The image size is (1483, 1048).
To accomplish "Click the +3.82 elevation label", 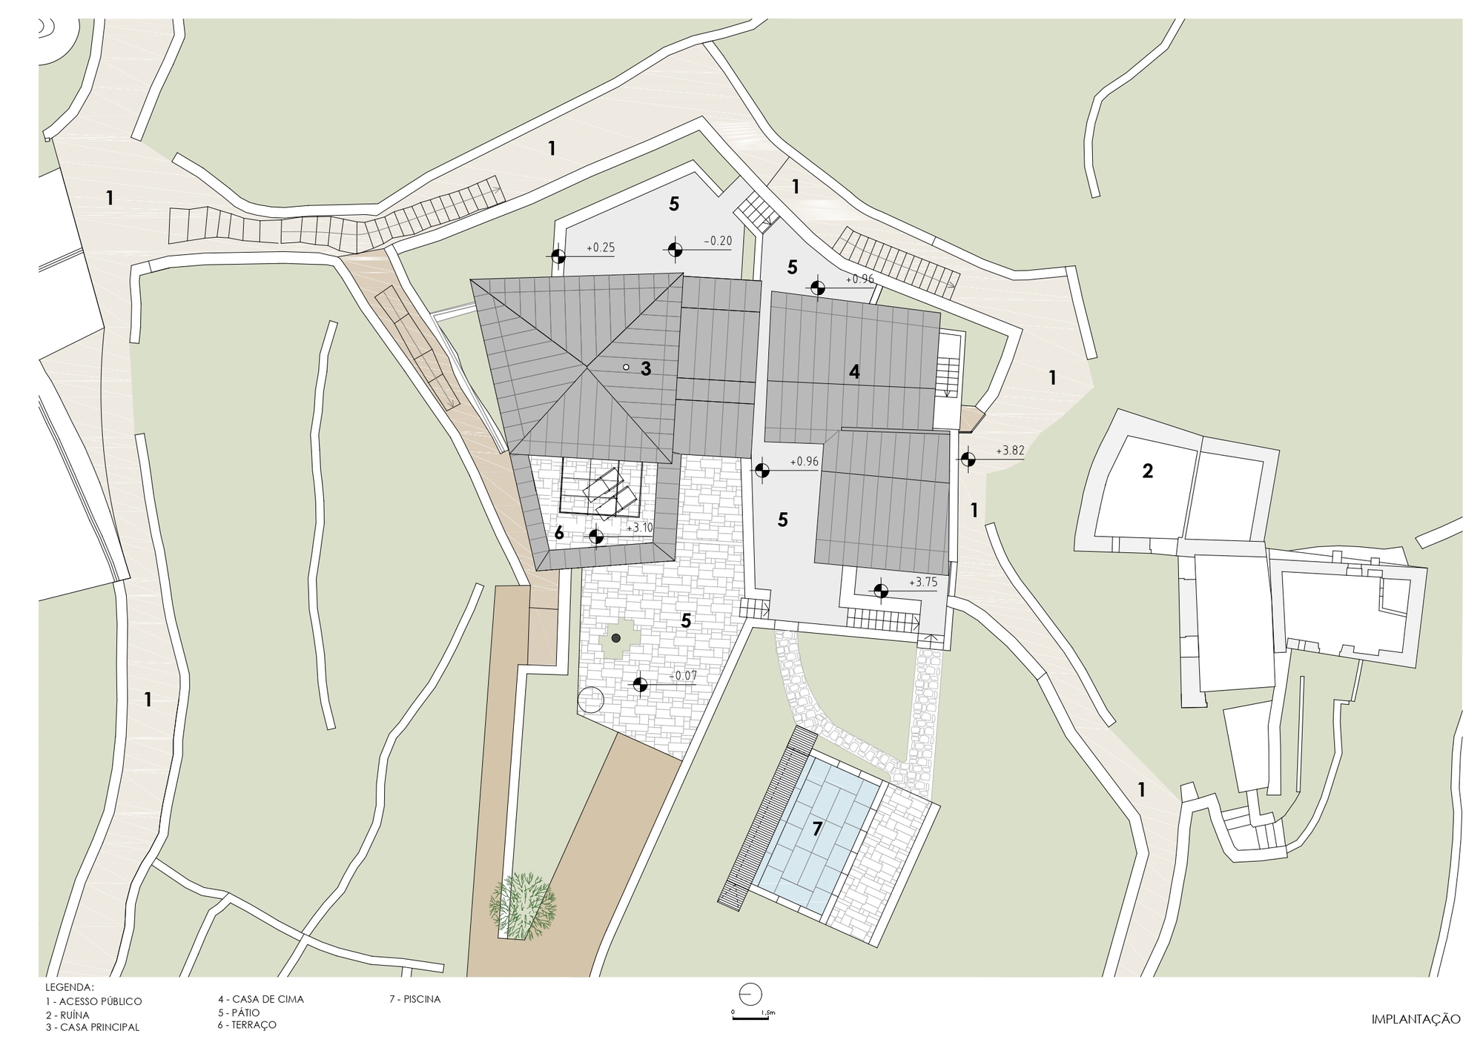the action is click(x=1010, y=451).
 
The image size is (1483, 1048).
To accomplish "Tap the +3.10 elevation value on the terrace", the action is click(x=640, y=528).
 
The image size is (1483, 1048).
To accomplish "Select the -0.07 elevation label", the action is click(x=683, y=676).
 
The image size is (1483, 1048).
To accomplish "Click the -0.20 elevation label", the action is click(x=717, y=240).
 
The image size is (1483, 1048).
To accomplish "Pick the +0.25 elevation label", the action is click(x=601, y=248).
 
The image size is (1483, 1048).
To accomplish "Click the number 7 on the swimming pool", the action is click(x=817, y=829).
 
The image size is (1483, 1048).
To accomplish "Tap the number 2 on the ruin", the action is click(x=1147, y=471).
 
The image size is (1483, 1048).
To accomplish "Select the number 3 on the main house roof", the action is click(x=646, y=368).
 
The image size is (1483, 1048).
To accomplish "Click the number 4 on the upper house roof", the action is click(x=854, y=372).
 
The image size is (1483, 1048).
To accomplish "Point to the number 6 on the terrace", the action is click(x=559, y=533).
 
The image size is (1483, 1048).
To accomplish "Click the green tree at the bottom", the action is click(x=523, y=906).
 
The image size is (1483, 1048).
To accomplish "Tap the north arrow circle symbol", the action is click(x=750, y=993).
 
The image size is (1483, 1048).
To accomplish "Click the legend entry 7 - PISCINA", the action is click(x=415, y=999).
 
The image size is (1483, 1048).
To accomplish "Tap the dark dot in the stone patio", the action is click(x=615, y=637).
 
